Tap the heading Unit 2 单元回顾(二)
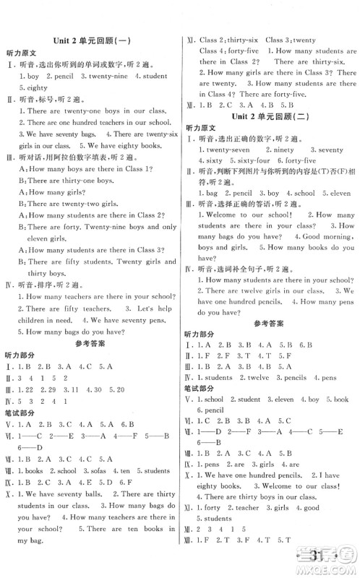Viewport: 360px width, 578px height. (x=269, y=116)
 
